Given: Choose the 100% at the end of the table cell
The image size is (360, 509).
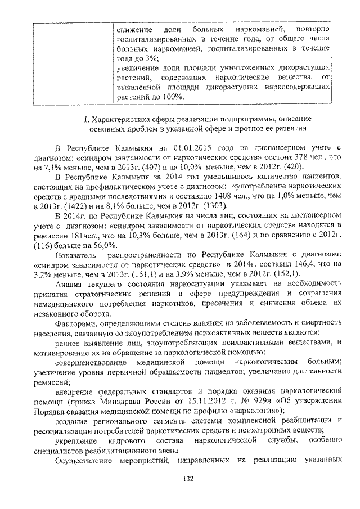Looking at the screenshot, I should tap(170, 96).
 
